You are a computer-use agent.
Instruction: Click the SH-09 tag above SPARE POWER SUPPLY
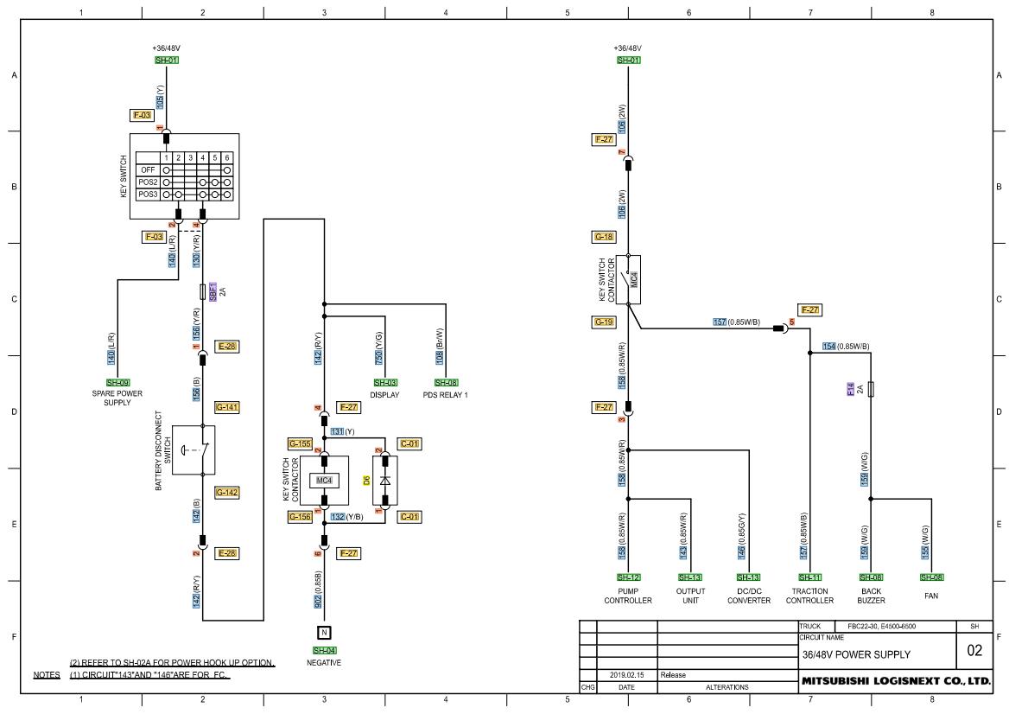tap(117, 382)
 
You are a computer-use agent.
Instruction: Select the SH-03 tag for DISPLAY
tap(385, 382)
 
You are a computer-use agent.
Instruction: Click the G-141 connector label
tap(227, 406)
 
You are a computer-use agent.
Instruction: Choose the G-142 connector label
tap(227, 493)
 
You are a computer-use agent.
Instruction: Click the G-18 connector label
tap(604, 236)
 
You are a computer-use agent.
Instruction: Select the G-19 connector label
tap(604, 322)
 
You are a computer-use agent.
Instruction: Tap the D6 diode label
tap(366, 478)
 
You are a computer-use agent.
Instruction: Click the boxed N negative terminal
tap(324, 632)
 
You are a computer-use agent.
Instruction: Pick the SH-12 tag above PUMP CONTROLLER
tap(628, 577)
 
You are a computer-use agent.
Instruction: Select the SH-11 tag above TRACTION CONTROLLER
tap(809, 577)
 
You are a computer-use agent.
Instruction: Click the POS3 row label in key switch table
tap(148, 194)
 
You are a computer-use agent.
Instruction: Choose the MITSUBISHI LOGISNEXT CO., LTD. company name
tap(895, 681)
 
